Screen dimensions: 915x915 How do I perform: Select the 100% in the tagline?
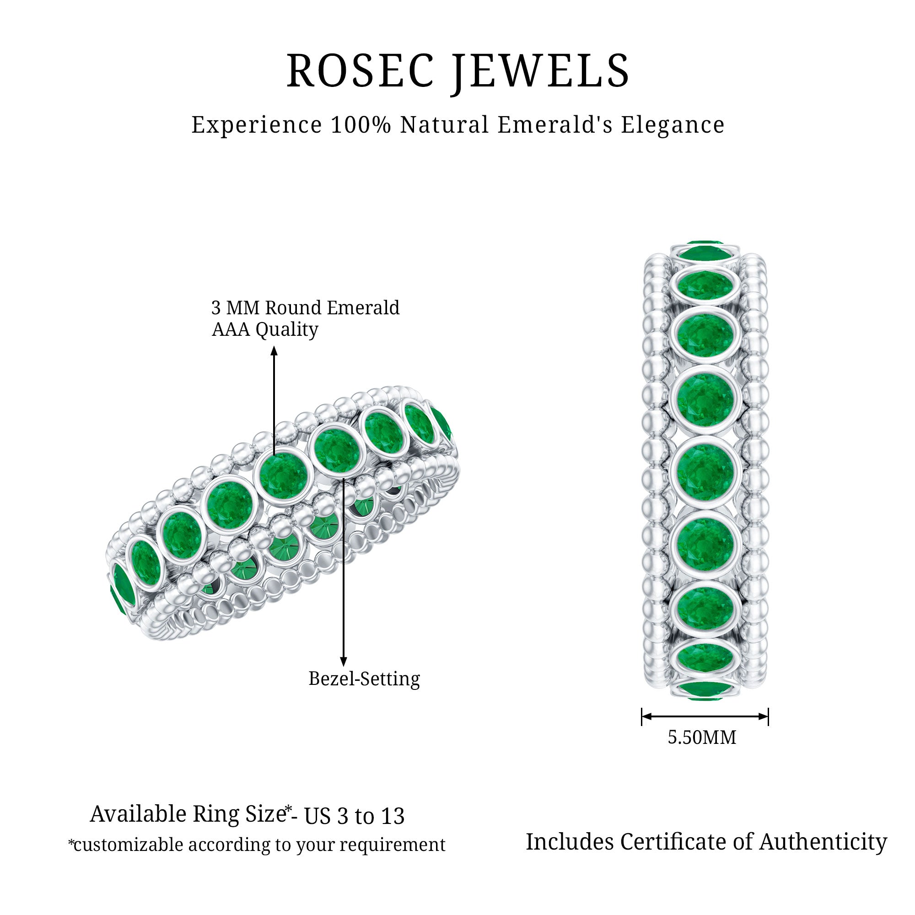(361, 125)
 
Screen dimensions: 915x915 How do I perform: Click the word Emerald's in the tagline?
(554, 125)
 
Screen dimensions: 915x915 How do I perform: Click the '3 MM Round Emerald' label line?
(306, 308)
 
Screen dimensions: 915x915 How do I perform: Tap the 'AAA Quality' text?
(265, 329)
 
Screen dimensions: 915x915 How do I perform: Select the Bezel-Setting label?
(364, 678)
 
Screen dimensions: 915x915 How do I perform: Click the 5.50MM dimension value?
(702, 737)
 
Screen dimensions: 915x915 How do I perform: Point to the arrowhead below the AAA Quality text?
(274, 350)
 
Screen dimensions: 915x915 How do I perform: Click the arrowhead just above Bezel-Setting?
(344, 662)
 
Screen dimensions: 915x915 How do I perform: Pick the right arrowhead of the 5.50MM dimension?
(763, 716)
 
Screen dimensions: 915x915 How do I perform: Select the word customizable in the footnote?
(131, 845)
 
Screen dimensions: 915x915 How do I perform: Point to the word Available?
(139, 814)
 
